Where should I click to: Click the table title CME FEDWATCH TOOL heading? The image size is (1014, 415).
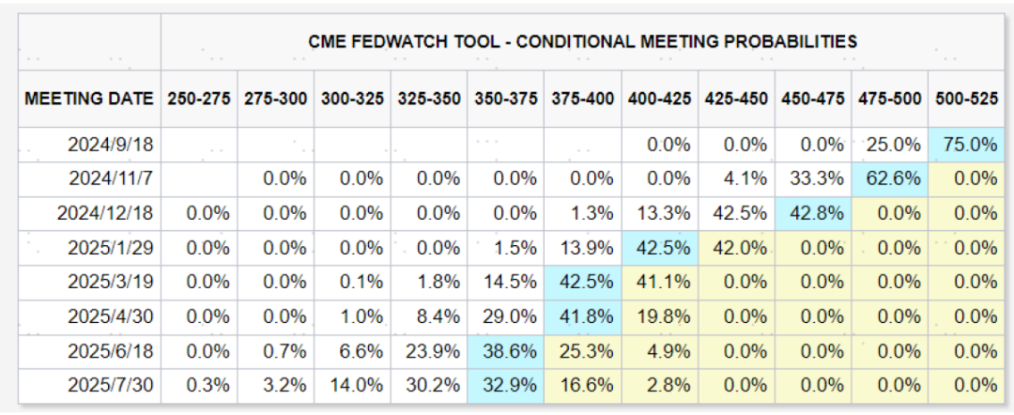582,41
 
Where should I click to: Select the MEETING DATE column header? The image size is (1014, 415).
89,99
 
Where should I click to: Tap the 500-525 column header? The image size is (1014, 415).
964,99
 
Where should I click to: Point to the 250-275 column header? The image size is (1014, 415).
199,99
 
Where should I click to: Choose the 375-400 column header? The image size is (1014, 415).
582,99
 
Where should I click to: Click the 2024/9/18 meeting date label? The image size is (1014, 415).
110,146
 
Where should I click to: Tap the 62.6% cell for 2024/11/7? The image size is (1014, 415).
887,179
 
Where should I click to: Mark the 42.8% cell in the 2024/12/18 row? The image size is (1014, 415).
811,213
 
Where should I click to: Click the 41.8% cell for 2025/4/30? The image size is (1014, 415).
582,315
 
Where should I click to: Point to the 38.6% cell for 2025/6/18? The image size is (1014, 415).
505,350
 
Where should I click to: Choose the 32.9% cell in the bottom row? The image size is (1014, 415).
505,384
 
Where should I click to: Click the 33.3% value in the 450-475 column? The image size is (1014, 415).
811,179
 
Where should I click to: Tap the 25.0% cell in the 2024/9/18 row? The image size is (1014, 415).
887,146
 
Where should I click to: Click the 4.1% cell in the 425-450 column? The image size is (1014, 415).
735,179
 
